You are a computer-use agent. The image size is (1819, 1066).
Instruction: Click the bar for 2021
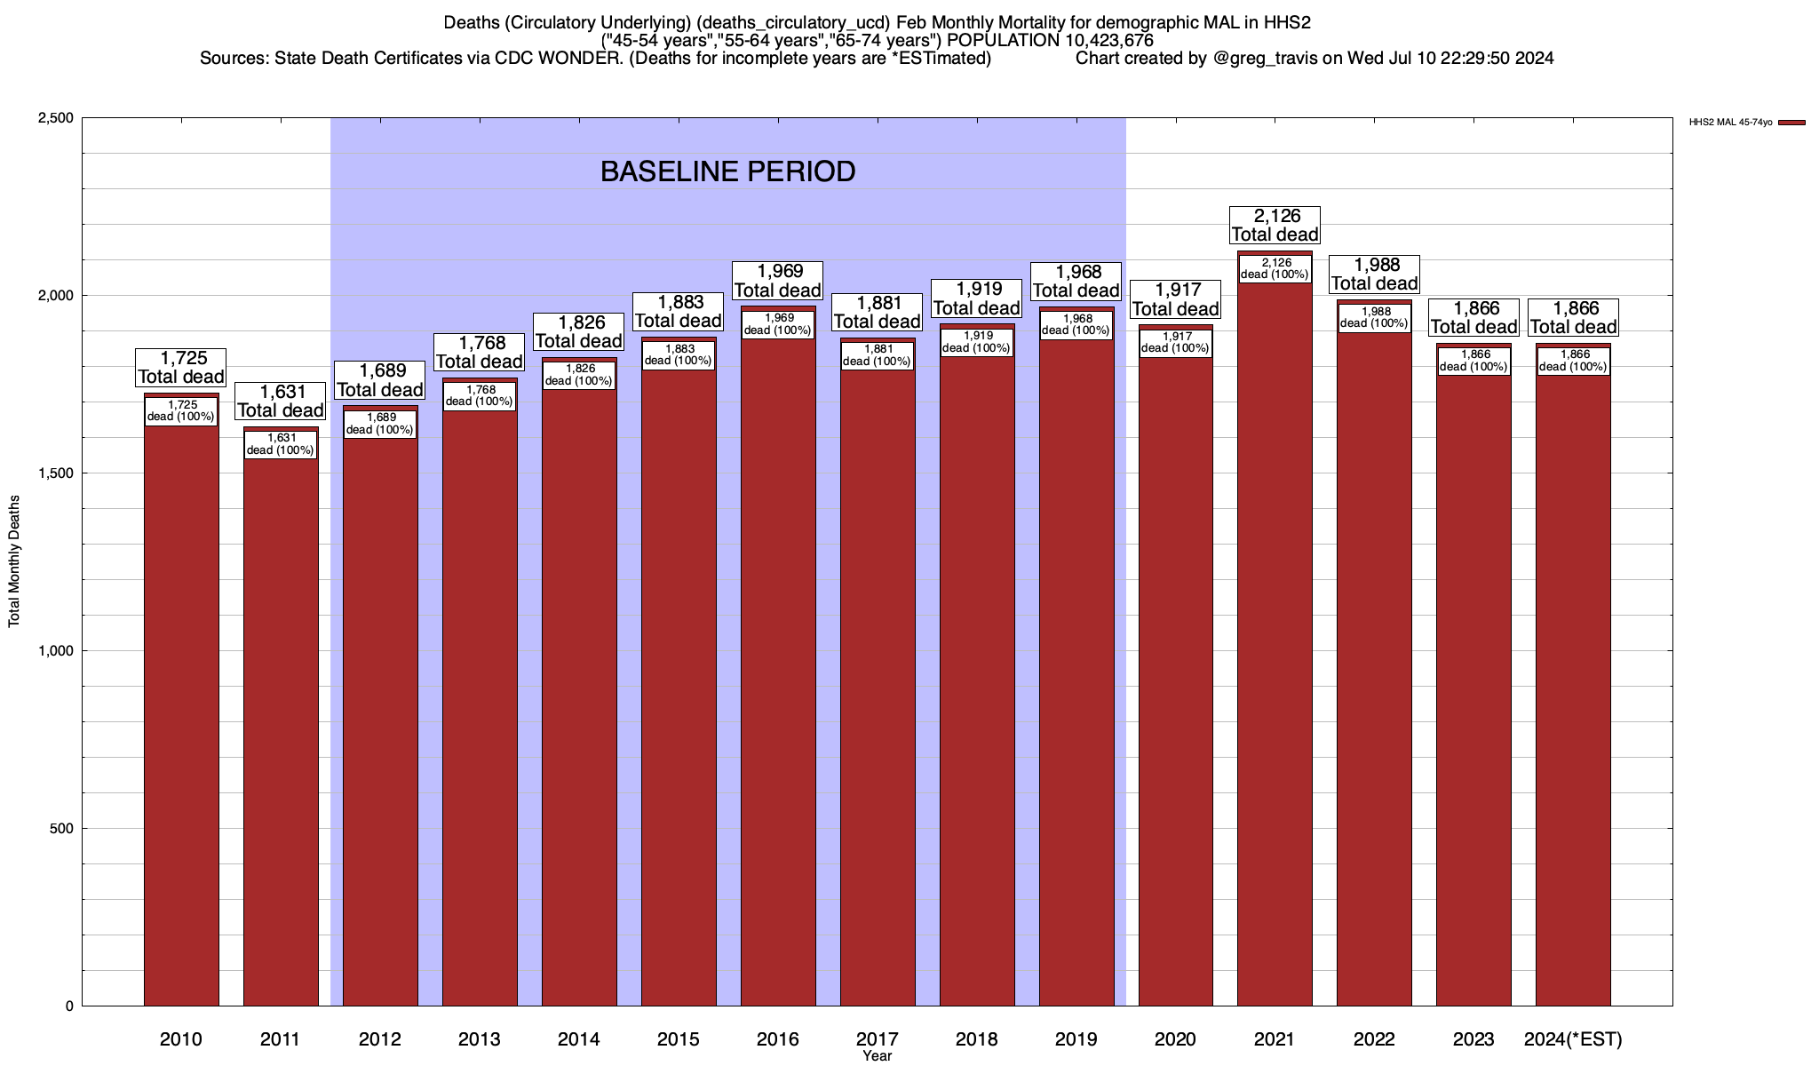(x=1275, y=640)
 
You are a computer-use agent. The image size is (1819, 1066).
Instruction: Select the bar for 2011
(x=281, y=728)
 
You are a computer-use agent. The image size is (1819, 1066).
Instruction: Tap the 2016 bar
(x=778, y=666)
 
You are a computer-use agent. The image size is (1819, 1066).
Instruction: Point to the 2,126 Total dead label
(x=1275, y=225)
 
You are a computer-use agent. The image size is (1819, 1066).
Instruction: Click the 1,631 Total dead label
(x=281, y=401)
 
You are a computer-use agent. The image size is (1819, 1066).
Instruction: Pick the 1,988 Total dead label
(x=1374, y=274)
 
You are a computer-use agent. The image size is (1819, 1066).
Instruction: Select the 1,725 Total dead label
(x=181, y=367)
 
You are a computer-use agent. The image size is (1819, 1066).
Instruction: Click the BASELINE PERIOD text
(x=727, y=171)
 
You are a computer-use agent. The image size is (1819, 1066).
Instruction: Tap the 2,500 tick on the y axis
(x=54, y=118)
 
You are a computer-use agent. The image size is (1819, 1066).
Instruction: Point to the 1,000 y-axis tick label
(x=54, y=651)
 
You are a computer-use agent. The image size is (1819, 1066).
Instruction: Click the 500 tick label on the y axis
(x=60, y=829)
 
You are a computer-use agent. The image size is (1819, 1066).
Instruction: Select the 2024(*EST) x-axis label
(x=1573, y=1039)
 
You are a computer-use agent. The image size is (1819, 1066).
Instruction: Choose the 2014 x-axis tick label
(x=579, y=1039)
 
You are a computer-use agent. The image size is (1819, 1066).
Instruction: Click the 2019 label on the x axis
(x=1076, y=1039)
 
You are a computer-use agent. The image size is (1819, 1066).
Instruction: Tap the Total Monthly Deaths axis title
(x=14, y=561)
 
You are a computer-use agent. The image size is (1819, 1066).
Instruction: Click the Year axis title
(x=877, y=1056)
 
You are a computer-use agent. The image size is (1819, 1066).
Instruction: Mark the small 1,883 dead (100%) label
(x=678, y=355)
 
